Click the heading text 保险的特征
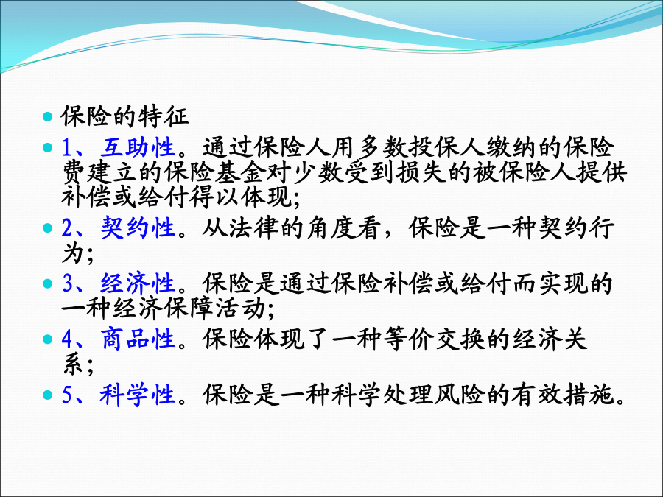tap(124, 116)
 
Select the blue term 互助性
tap(138, 147)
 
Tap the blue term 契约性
tap(138, 228)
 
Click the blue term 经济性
tap(138, 283)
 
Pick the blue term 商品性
tap(138, 339)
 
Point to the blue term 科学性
tap(138, 395)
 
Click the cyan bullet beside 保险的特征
tap(48, 116)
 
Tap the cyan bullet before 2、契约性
tap(48, 228)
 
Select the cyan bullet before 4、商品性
tap(48, 339)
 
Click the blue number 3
tap(68, 283)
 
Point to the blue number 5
tap(68, 395)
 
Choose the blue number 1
tap(68, 147)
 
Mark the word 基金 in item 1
tap(241, 172)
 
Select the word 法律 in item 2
tap(253, 228)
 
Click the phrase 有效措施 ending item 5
tap(562, 395)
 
